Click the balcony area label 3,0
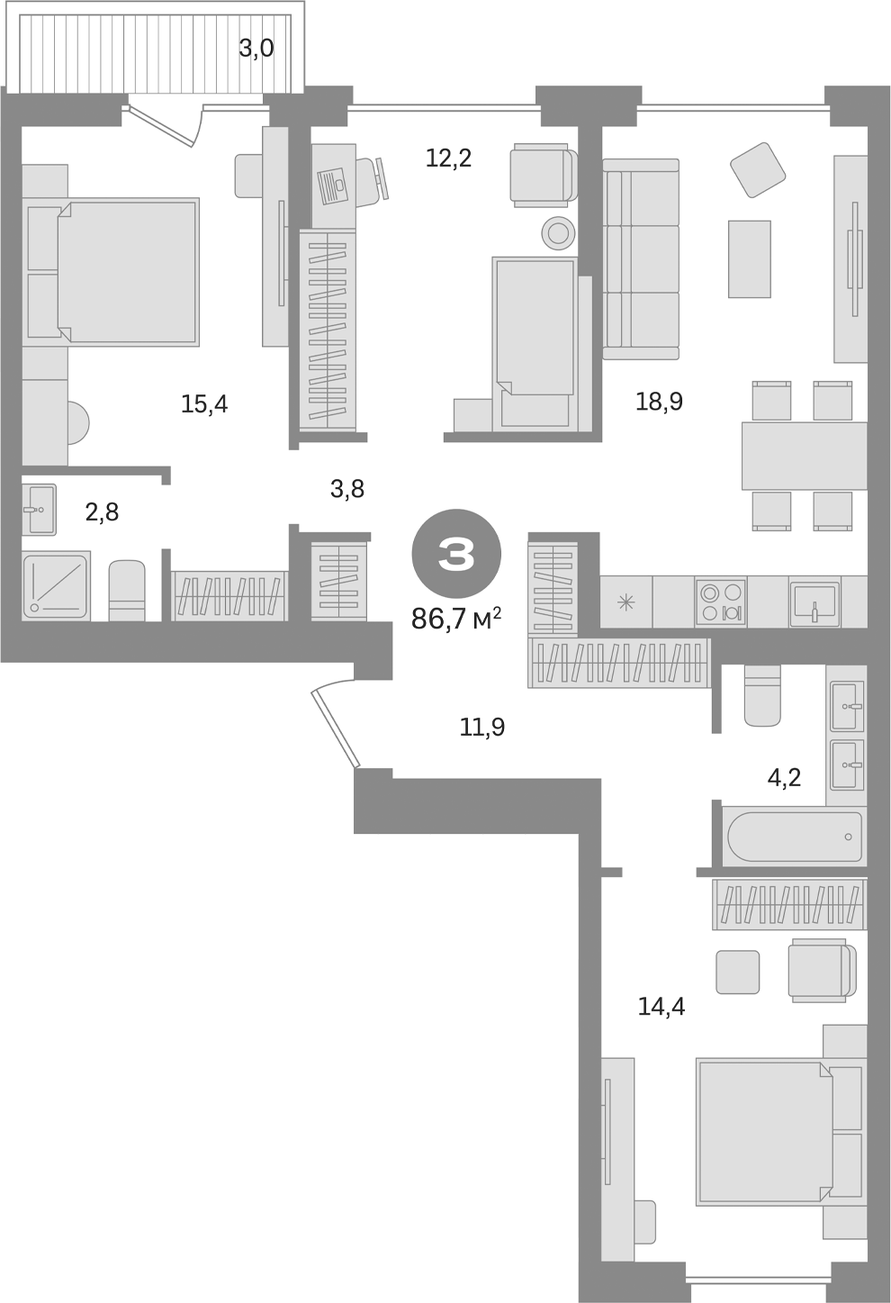point(256,49)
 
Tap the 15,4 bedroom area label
point(204,404)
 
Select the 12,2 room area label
point(448,159)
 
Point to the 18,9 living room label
point(659,402)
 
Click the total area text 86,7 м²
point(455,619)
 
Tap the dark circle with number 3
point(455,556)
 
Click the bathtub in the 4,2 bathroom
point(792,837)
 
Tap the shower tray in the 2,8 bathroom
point(56,586)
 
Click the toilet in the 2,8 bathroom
point(127,590)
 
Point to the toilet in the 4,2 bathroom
point(762,696)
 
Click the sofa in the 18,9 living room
point(641,258)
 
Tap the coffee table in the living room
point(749,258)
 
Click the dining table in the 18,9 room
point(804,456)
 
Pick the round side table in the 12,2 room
point(558,233)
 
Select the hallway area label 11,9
point(482,727)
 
